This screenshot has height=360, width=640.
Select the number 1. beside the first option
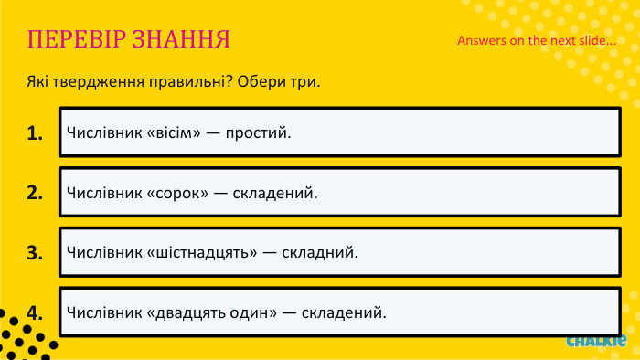pos(36,133)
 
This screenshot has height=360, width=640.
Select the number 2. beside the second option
pos(36,193)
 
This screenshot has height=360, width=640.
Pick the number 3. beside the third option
pos(36,253)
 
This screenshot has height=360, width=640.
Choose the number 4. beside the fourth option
pos(36,312)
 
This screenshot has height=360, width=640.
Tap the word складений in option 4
pos(345,312)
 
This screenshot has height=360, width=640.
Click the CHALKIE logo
pos(595,341)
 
